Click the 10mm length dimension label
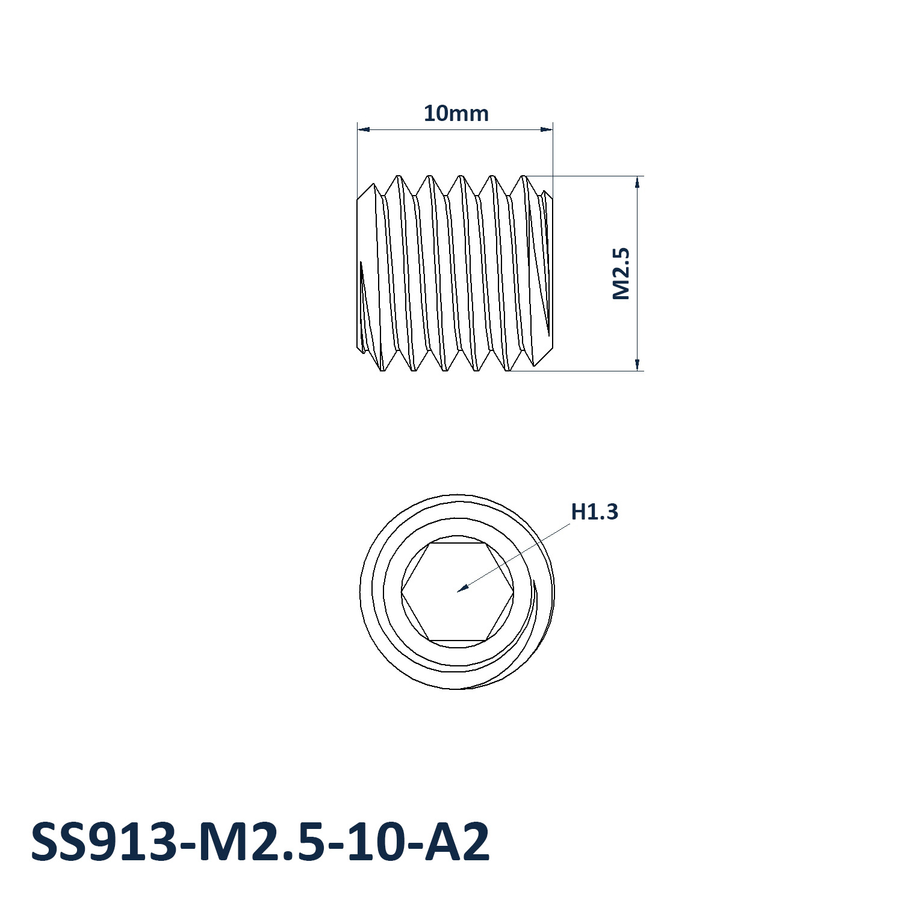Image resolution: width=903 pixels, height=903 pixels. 456,113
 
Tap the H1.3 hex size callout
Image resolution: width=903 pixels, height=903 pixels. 594,512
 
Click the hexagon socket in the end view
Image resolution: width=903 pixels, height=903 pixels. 458,592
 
